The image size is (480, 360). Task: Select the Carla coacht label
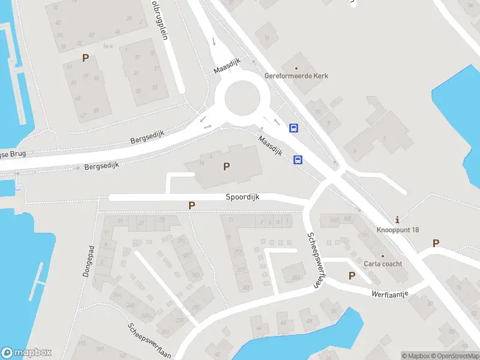[383, 263]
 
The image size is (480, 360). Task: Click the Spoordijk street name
[242, 197]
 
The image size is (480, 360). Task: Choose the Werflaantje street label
[390, 295]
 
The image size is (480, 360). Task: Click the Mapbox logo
[26, 353]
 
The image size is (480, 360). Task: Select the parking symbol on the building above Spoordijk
[226, 167]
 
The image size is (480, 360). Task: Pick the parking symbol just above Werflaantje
[352, 275]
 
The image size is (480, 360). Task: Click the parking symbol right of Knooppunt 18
[436, 243]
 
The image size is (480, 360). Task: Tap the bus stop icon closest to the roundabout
[294, 128]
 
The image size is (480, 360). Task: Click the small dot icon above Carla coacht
[383, 256]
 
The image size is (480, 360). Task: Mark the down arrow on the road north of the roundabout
[214, 41]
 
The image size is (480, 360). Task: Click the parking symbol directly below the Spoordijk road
[192, 206]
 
